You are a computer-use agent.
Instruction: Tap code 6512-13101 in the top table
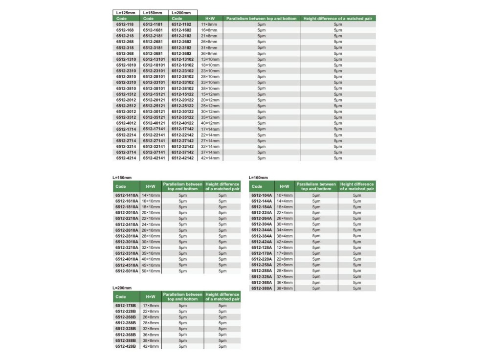coord(154,59)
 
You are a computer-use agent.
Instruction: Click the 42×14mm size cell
coord(210,158)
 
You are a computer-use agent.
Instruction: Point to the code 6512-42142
coord(182,158)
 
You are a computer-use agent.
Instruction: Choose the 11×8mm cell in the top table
coord(209,24)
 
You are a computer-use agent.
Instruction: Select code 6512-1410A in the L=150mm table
coord(127,195)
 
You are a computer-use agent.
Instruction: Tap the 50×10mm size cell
coord(151,270)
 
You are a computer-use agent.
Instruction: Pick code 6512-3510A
coord(127,253)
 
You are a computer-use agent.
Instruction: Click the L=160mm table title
coord(259,177)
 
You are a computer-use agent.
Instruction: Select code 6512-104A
coord(262,195)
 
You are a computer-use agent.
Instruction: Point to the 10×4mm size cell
coord(285,195)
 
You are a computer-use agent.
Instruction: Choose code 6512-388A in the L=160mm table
coord(262,288)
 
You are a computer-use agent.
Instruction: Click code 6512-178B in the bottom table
coord(126,305)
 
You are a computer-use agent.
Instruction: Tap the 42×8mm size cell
coord(151,346)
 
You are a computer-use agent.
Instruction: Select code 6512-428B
coord(126,346)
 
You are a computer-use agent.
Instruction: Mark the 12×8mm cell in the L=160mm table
coord(285,247)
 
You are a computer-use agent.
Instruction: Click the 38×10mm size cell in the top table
coord(210,88)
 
